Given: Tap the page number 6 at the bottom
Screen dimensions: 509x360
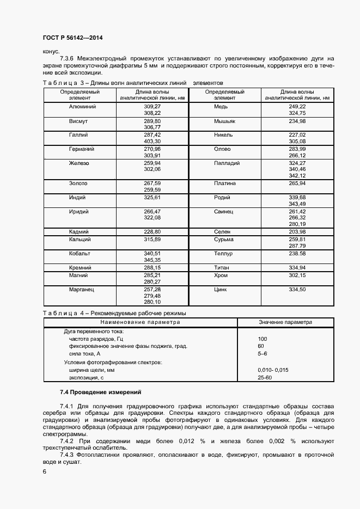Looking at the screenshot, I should tap(44, 471).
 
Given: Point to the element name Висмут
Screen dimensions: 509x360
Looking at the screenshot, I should tap(79, 120).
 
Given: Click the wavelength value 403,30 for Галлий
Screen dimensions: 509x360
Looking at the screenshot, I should tap(152, 141).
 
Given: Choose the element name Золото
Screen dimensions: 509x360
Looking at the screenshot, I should tap(79, 183).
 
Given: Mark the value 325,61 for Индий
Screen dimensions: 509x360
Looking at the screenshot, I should tap(152, 198).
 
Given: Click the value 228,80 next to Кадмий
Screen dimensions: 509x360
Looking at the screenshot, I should tap(152, 232).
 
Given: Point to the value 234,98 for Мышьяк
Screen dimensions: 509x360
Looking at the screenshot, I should tap(297, 120).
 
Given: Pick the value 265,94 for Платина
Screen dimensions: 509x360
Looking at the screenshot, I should tap(297, 183).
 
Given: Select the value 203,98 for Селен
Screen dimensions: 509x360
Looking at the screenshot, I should tap(297, 232).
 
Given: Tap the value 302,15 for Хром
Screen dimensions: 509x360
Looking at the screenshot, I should tap(297, 276).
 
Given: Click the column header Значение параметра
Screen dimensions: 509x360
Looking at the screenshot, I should tap(285, 322).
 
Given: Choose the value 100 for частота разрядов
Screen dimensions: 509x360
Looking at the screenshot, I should tap(263, 339).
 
